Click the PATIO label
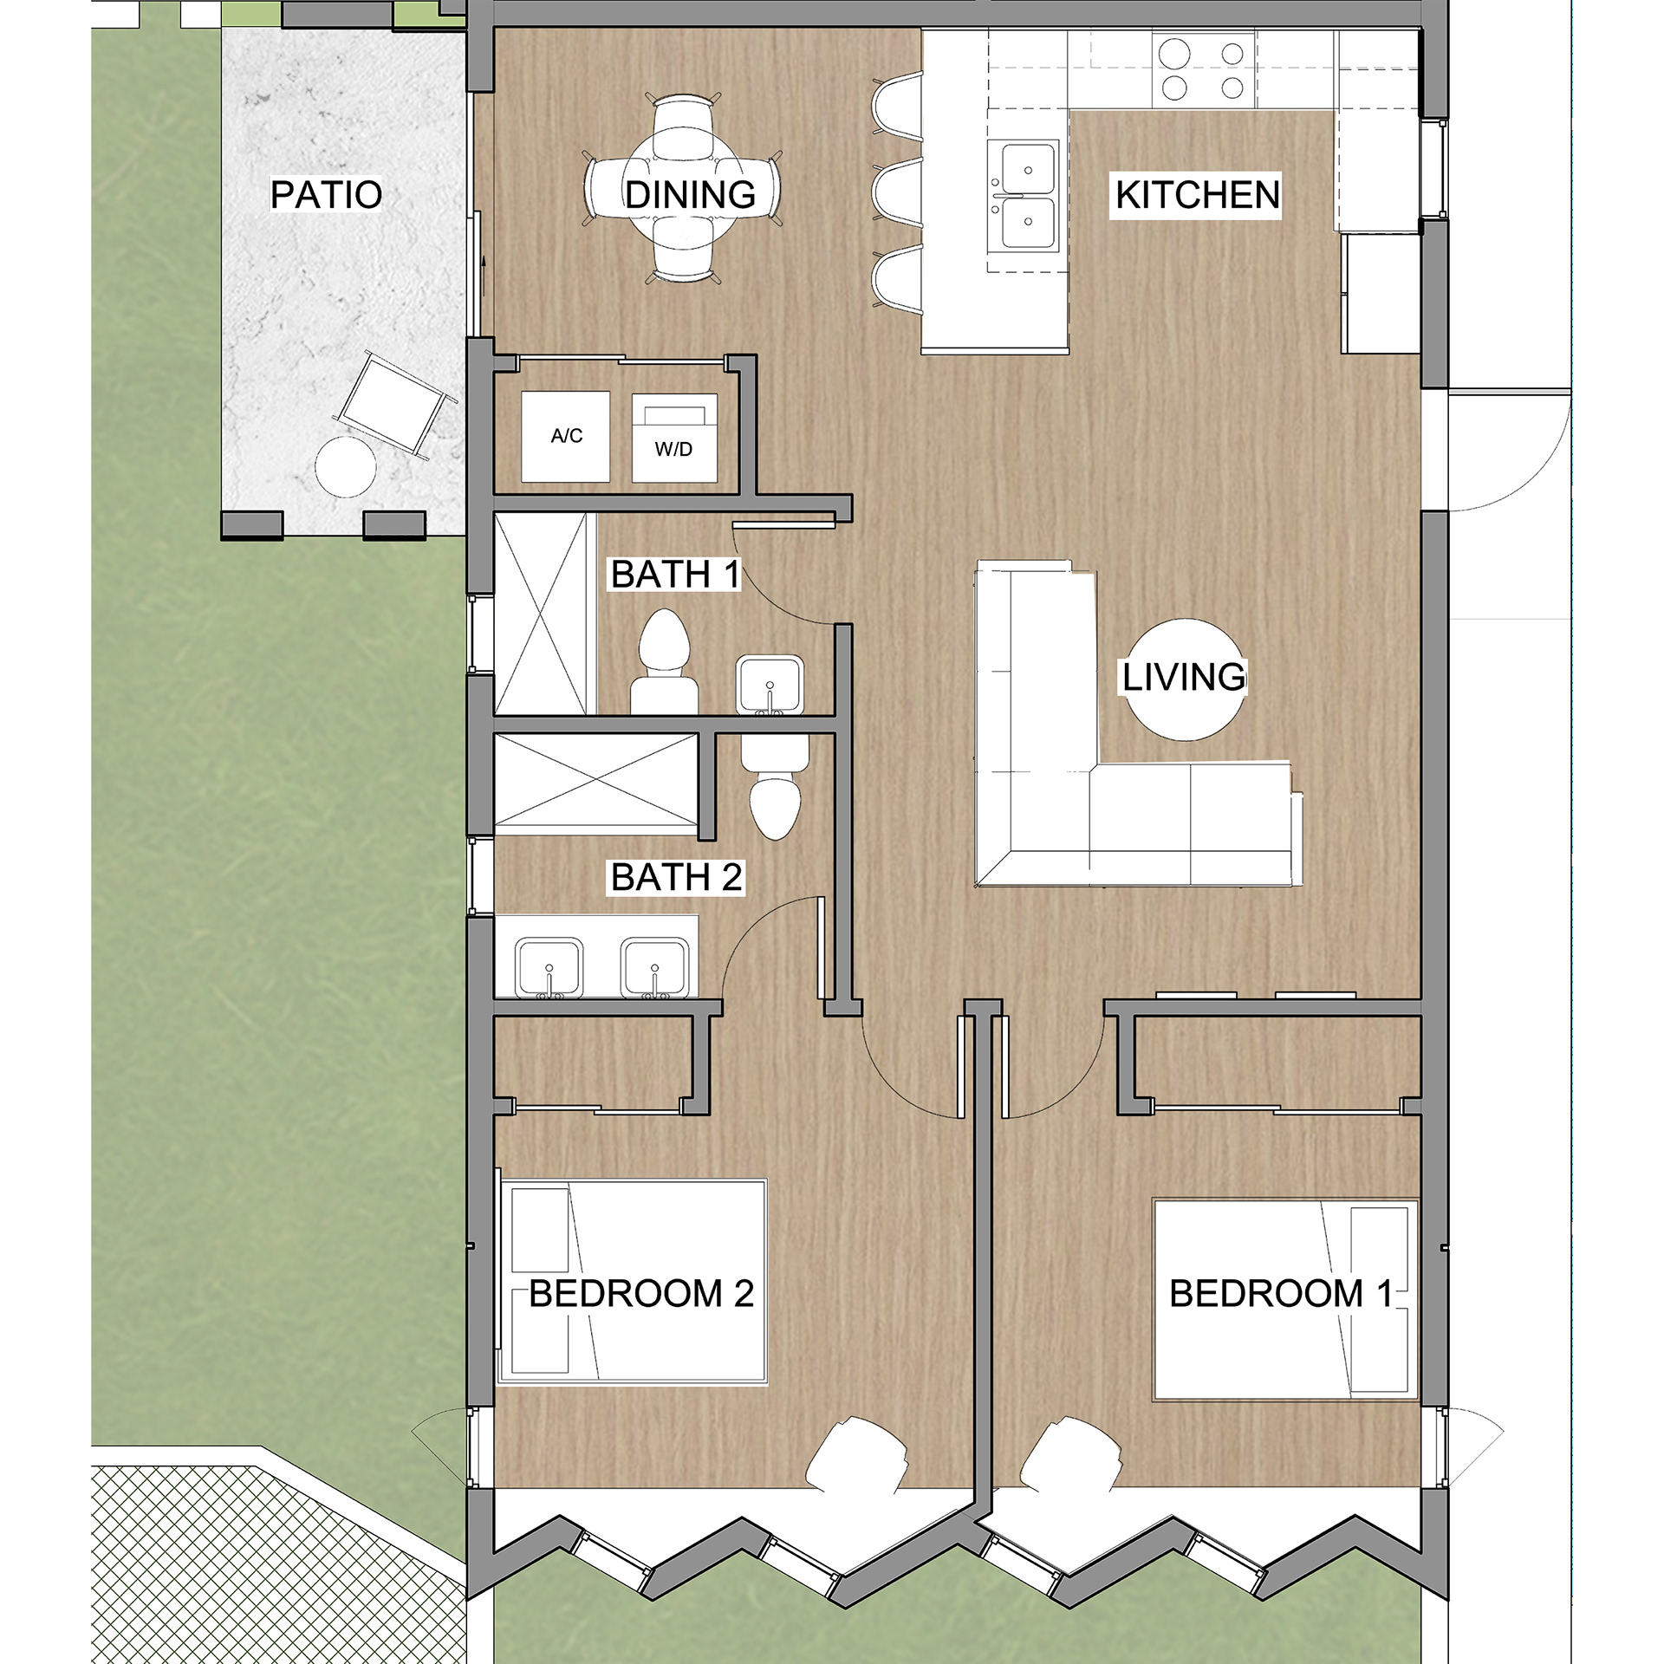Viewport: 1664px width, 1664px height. pos(326,195)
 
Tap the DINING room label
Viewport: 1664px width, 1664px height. pos(690,195)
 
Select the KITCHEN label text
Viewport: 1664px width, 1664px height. pos(1198,195)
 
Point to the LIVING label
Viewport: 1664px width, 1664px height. pos(1184,677)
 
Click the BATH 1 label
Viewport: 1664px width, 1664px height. pos(675,575)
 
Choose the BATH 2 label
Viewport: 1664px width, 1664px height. pos(676,878)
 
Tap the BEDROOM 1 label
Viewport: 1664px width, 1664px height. pos(1281,1294)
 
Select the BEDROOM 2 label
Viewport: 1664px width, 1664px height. pos(641,1294)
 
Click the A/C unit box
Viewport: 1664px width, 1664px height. pos(565,436)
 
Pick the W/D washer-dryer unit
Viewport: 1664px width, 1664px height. pos(674,438)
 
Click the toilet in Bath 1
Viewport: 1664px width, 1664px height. pos(664,662)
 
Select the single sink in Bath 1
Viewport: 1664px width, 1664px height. pos(770,686)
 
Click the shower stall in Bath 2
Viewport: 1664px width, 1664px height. pos(595,784)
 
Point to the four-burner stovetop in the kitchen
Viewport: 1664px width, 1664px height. pos(1203,70)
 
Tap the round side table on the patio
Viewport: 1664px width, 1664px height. pos(345,467)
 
